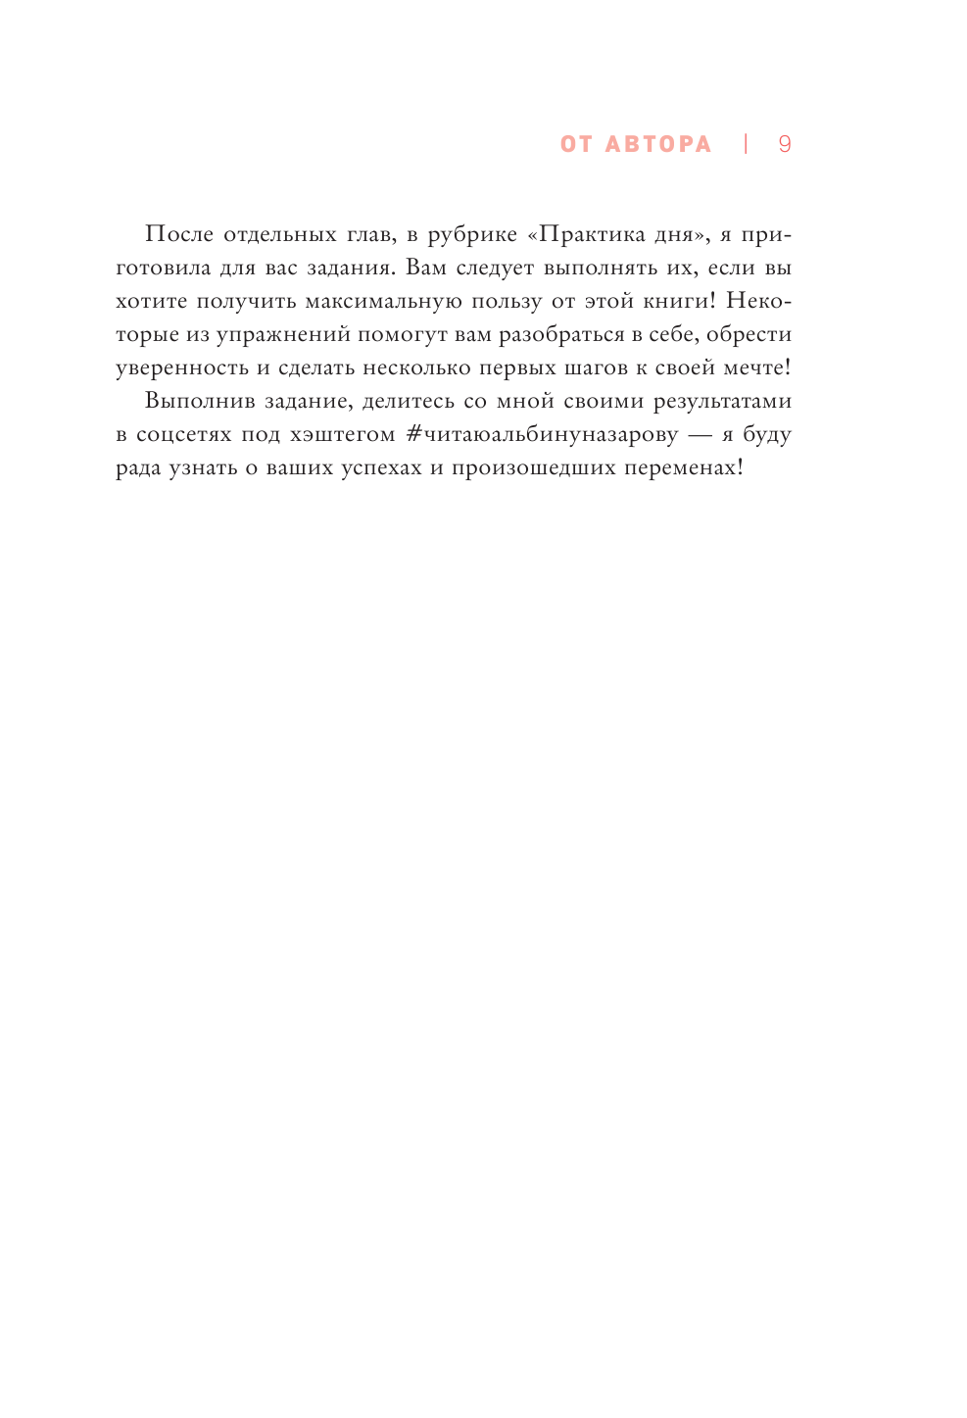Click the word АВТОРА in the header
[x=658, y=144]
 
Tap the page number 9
[x=784, y=144]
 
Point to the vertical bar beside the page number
[x=746, y=144]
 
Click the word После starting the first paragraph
[x=178, y=234]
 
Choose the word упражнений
[x=283, y=335]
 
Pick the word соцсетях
[x=184, y=434]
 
